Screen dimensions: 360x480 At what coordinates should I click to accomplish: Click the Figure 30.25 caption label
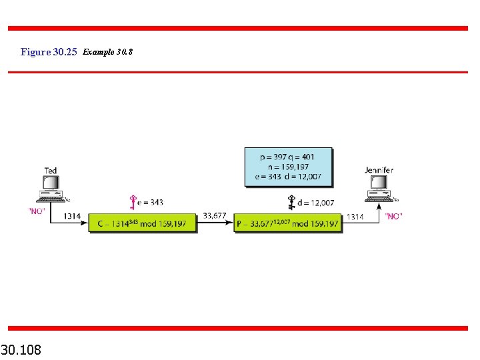pos(49,52)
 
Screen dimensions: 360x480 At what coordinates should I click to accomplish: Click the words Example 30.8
pos(108,52)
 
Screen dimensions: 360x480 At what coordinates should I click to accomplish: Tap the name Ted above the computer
pos(51,171)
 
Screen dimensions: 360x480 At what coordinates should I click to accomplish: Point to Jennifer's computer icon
pos(379,188)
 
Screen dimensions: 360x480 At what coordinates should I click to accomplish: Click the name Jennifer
pos(379,171)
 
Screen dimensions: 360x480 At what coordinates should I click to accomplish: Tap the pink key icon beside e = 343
pos(133,202)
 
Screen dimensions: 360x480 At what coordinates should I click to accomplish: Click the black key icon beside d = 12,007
pos(291,202)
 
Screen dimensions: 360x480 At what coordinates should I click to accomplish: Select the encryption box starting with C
pos(143,222)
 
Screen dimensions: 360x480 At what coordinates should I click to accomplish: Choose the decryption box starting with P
pos(288,222)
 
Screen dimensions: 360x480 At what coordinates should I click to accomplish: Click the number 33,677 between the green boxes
pos(215,215)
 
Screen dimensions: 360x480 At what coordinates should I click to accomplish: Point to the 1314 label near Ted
pos(73,216)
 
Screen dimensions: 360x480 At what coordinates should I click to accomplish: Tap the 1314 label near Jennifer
pos(355,216)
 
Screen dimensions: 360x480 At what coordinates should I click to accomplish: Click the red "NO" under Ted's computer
pos(37,211)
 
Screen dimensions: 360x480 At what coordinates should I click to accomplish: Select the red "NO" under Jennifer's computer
pos(394,216)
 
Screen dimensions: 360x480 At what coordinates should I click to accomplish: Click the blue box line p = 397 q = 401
pos(287,157)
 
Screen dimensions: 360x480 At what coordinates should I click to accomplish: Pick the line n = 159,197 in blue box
pos(287,167)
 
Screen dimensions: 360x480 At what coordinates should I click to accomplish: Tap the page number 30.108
pos(21,349)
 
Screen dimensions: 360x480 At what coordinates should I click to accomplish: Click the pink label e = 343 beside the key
pos(151,202)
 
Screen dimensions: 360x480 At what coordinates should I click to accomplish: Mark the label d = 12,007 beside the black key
pos(316,202)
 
